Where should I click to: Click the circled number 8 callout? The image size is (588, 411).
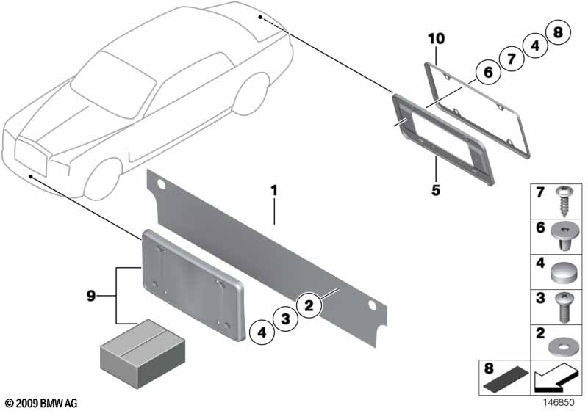pos(558,32)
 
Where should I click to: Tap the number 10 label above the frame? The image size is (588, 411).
pos(437,39)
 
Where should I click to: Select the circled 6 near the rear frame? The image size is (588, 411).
pos(488,71)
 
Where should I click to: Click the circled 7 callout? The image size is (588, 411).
pos(512,59)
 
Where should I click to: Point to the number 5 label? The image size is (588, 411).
pos(435,190)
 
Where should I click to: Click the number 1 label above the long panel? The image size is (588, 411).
pos(274,191)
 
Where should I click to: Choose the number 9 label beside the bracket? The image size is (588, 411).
pos(91,297)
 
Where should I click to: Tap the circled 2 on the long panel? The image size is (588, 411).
pos(309,305)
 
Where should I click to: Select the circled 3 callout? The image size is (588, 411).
pos(285,319)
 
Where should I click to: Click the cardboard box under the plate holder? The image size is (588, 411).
pos(143,354)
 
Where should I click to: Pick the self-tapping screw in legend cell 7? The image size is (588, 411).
pos(563,202)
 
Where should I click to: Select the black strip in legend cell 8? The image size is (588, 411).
pos(506,382)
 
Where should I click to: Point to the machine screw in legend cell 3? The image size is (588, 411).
pos(563,308)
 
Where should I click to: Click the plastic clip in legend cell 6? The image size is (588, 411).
pos(564,236)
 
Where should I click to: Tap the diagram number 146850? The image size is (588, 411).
pos(559,402)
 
